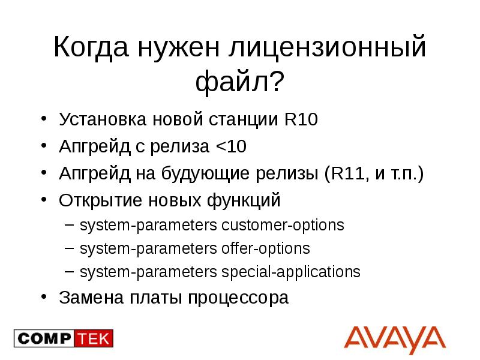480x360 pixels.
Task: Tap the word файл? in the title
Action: pyautogui.click(x=239, y=82)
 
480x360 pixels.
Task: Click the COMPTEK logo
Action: pyautogui.click(x=64, y=338)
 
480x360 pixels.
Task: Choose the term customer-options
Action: pyautogui.click(x=283, y=226)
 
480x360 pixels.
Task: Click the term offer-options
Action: pyautogui.click(x=266, y=248)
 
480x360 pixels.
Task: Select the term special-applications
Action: pyautogui.click(x=291, y=272)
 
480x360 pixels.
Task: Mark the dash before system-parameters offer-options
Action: pyautogui.click(x=70, y=248)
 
